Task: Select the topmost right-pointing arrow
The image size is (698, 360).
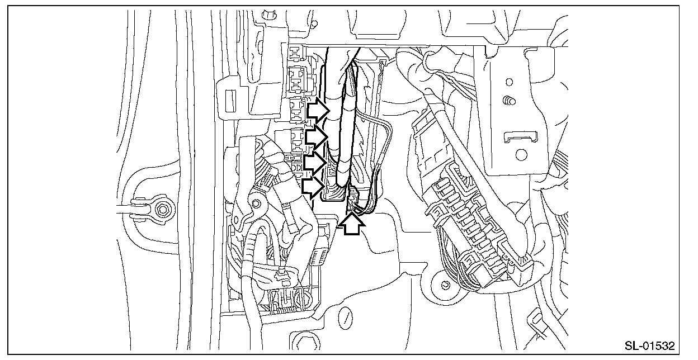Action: pos(318,110)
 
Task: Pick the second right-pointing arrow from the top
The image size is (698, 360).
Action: pos(317,137)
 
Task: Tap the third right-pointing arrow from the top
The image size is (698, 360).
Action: pos(315,162)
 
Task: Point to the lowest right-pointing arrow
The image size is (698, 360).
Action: pos(313,187)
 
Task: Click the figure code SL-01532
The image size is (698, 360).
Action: pos(650,345)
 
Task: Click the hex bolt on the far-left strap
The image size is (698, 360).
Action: pos(162,210)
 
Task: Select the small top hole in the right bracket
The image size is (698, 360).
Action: pos(509,82)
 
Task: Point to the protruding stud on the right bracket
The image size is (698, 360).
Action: pos(509,101)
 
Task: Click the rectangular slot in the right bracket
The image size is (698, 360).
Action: pos(521,137)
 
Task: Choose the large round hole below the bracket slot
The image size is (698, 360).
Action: pos(521,155)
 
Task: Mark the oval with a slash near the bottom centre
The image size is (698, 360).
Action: pos(345,318)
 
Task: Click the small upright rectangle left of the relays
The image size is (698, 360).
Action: pos(230,101)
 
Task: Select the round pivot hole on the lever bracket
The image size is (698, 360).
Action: pos(256,204)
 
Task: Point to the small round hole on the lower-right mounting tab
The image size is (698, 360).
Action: pos(445,285)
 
